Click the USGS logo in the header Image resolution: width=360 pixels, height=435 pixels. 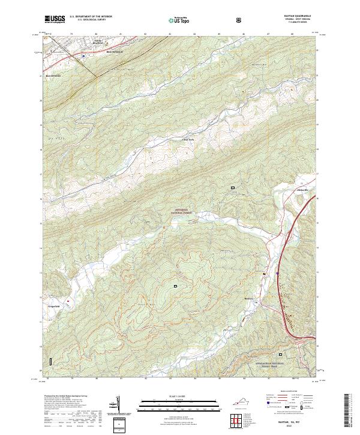(x=55, y=20)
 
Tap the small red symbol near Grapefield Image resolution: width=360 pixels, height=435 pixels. (x=68, y=300)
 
